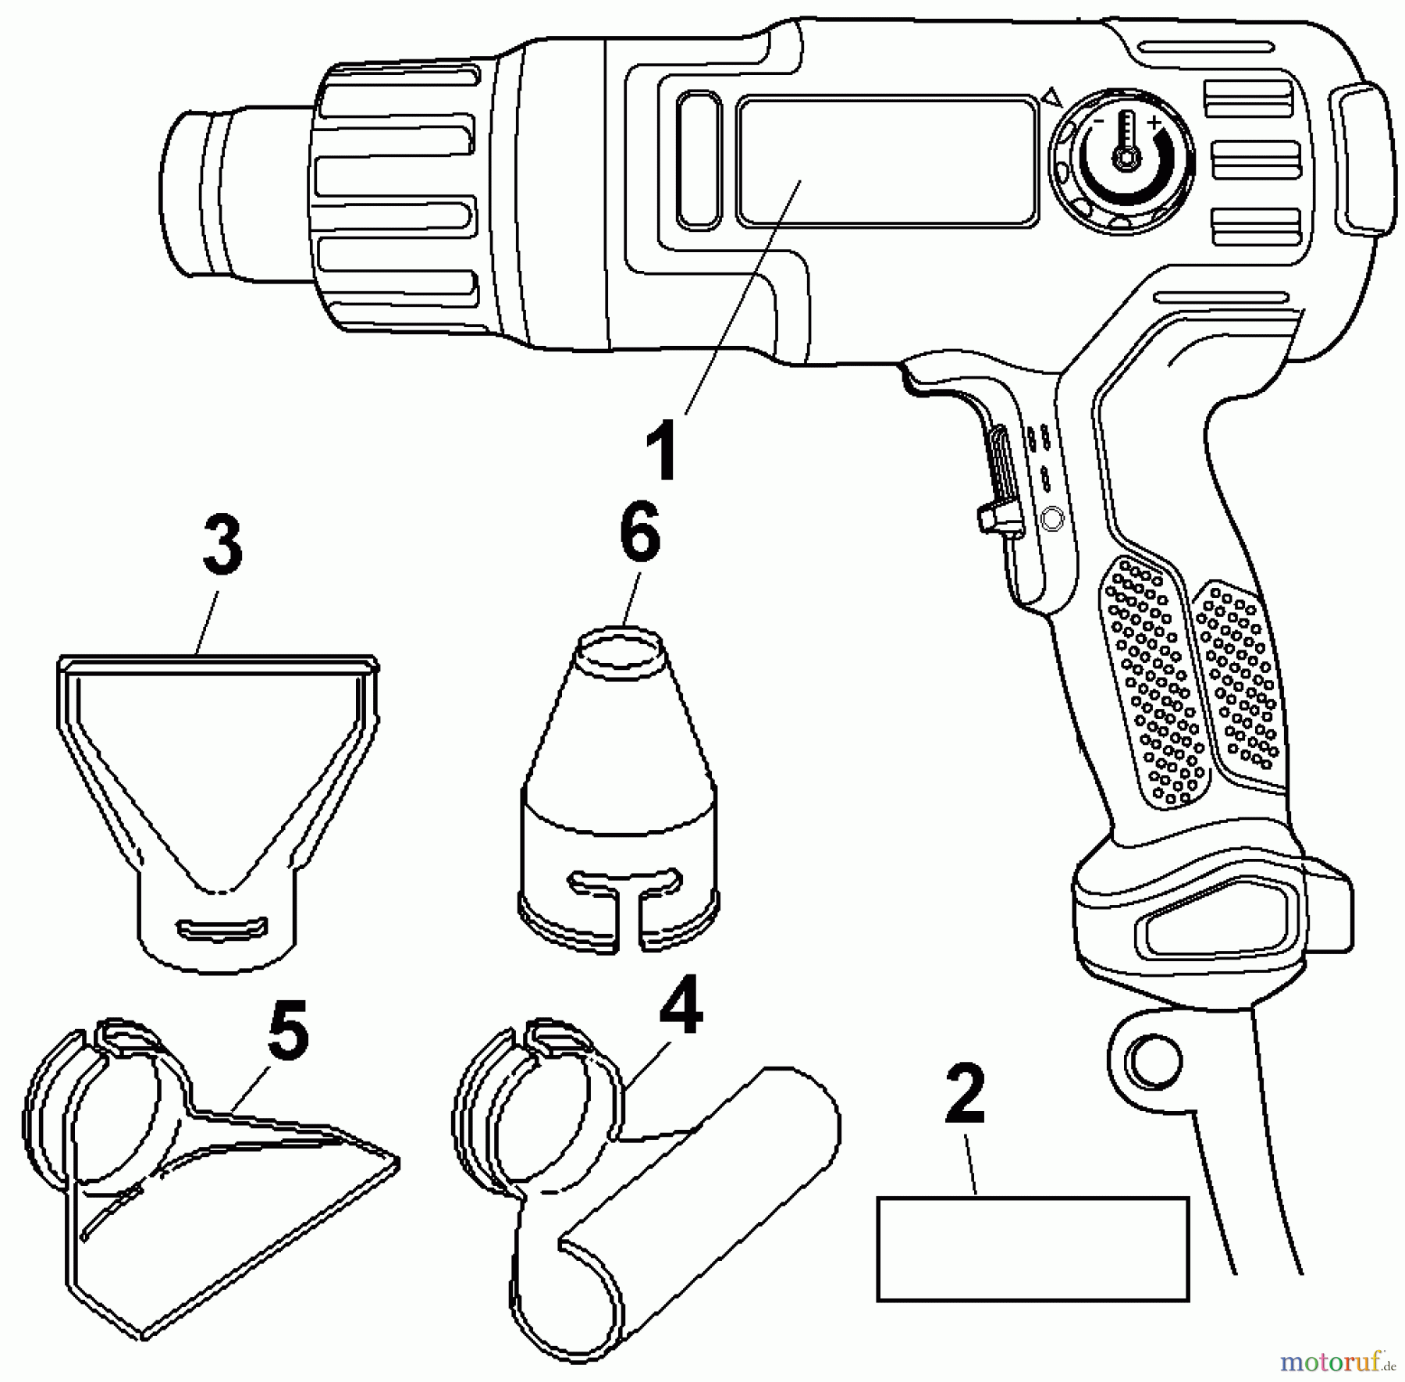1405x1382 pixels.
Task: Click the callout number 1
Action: pos(663,450)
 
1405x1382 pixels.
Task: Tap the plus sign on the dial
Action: pos(1154,123)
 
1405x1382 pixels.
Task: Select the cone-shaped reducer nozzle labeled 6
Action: pos(617,796)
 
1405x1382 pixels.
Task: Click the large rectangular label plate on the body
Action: pos(886,162)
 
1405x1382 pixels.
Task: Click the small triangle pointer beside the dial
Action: pos(1053,98)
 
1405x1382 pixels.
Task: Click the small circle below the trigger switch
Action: pos(1051,519)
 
